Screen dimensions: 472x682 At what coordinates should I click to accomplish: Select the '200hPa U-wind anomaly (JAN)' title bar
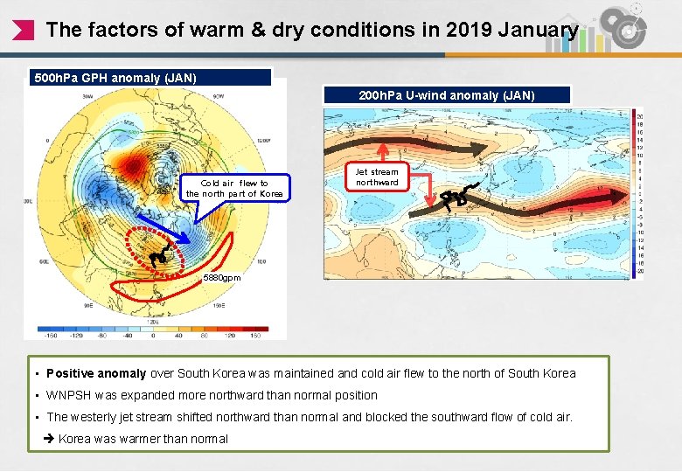coord(446,95)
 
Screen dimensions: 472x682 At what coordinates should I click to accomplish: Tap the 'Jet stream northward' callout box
coord(377,177)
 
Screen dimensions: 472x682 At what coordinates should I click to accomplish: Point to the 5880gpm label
coord(221,277)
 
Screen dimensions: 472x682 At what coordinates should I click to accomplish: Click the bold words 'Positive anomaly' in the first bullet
coord(96,373)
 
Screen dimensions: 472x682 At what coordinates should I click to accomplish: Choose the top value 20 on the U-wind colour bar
coord(639,116)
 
